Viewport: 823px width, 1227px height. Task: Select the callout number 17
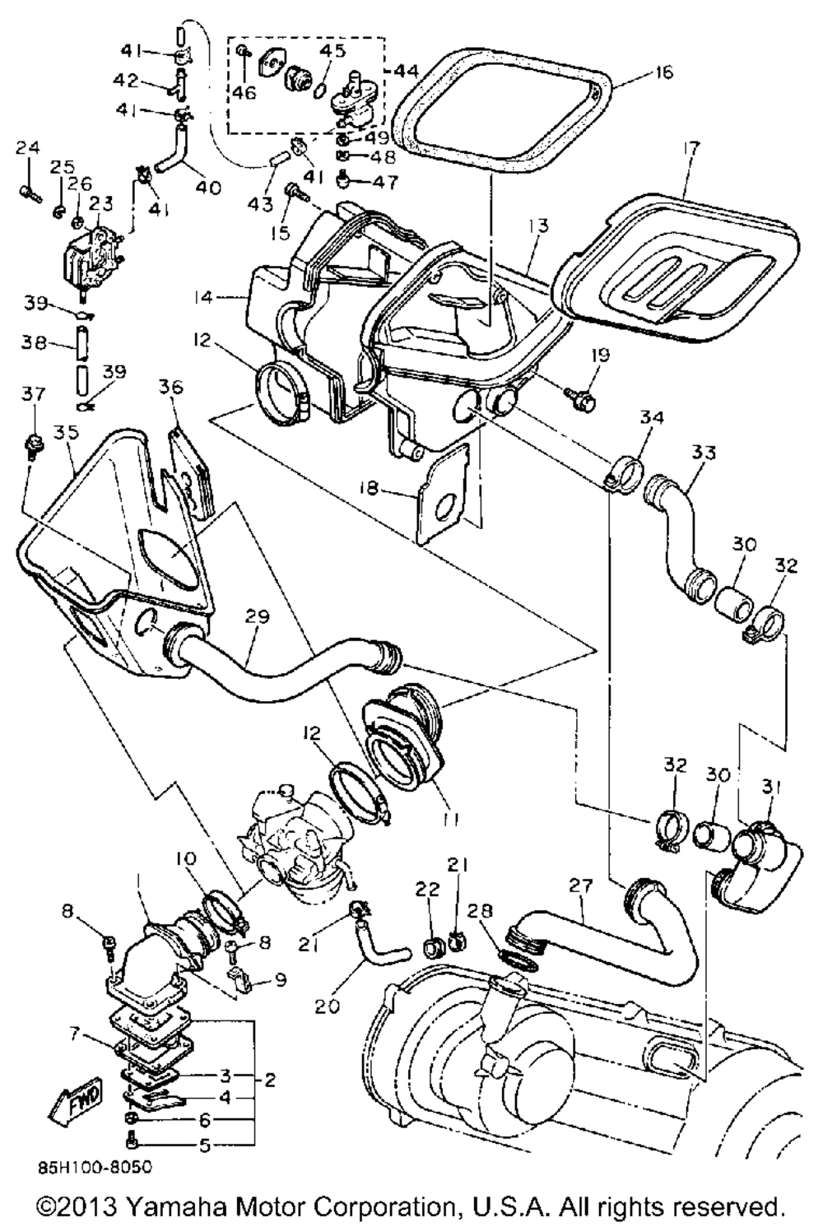(x=690, y=150)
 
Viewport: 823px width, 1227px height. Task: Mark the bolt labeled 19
(x=580, y=399)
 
